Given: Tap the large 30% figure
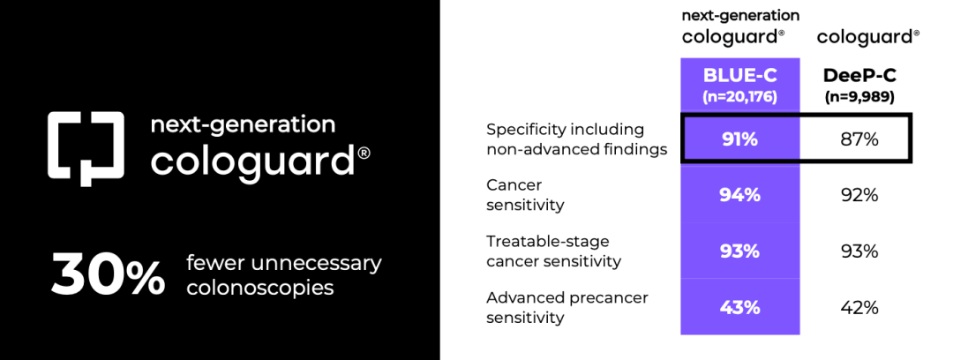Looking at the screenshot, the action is click(x=108, y=276).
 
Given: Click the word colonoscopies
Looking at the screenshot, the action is click(x=260, y=288).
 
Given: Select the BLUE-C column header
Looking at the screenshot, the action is click(x=739, y=75).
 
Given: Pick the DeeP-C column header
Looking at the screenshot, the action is click(x=859, y=75).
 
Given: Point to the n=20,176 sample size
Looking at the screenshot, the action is click(x=739, y=97).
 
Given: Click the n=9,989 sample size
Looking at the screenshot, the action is click(x=859, y=97).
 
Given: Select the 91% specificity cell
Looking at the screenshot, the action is click(x=739, y=139).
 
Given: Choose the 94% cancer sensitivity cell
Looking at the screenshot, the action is click(x=739, y=195).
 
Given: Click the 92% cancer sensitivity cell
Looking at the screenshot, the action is click(x=859, y=195).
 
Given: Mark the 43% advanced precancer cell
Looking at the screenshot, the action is click(x=739, y=307).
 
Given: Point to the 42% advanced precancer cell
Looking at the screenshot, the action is click(x=859, y=307).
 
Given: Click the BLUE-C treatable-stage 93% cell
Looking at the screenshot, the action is click(x=739, y=251).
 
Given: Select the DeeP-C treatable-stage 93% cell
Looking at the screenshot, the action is click(x=859, y=251).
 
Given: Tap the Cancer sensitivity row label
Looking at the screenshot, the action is click(x=525, y=195).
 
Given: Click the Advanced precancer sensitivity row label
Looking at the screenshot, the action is click(x=567, y=308).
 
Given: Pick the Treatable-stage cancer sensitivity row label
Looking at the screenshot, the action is click(x=553, y=251).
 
